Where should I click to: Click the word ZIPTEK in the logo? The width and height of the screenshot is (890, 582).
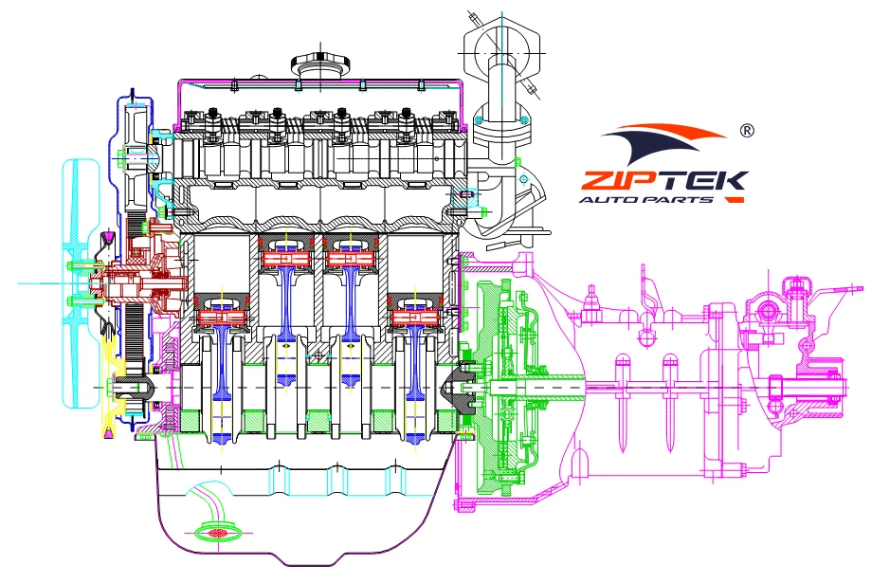tap(663, 180)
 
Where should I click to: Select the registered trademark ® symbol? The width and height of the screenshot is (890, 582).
tap(746, 131)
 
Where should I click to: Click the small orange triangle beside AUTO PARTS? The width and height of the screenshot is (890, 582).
tap(731, 200)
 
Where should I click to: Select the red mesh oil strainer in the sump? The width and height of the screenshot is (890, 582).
tap(216, 533)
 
